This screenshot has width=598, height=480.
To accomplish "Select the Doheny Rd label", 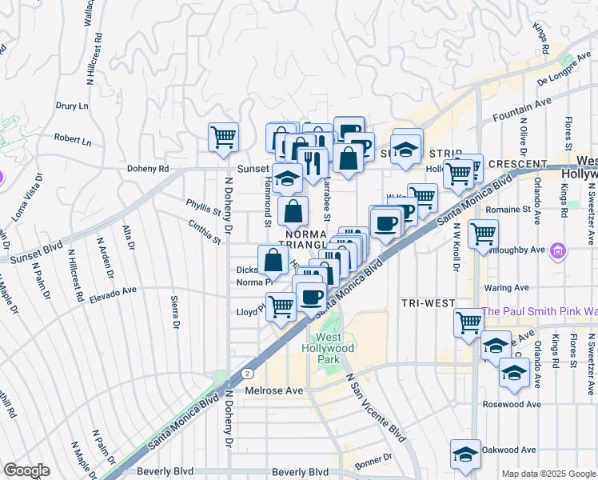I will (x=148, y=169).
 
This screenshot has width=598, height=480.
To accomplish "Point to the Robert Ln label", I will (x=73, y=140).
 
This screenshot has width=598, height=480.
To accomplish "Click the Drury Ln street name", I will (x=72, y=106).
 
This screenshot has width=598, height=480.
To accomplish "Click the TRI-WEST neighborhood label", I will (x=428, y=304).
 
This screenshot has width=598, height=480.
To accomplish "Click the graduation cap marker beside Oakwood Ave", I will (x=465, y=454).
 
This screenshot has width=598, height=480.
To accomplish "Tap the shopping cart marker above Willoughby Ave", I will (x=484, y=234).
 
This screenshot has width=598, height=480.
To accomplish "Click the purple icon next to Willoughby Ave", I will (x=558, y=252).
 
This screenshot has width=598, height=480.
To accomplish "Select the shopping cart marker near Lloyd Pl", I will (x=281, y=306).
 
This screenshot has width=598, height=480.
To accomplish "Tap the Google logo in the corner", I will (x=26, y=470).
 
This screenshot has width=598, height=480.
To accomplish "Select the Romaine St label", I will (x=509, y=209).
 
